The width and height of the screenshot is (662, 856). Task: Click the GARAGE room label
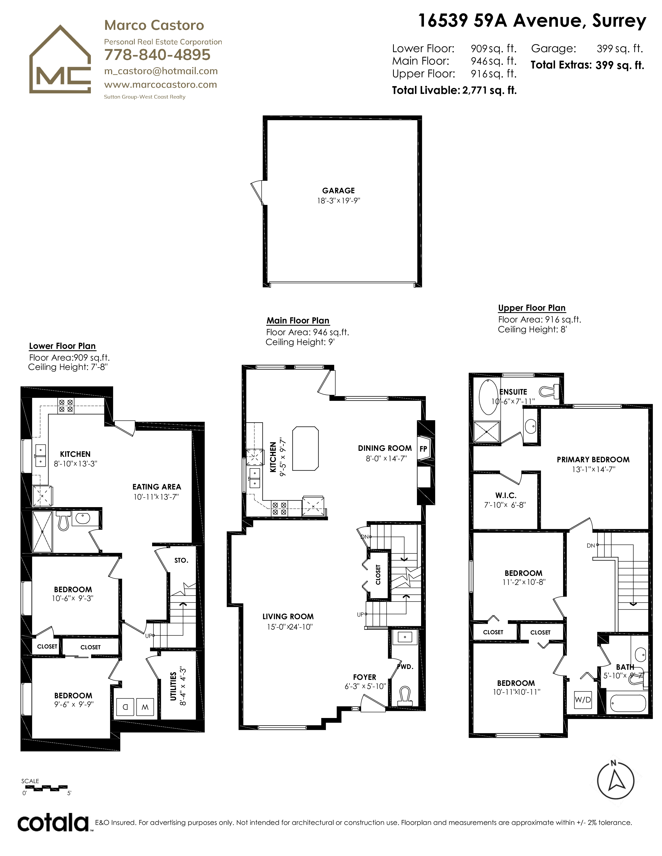click(x=339, y=190)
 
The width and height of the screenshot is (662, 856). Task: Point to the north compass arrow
click(x=616, y=780)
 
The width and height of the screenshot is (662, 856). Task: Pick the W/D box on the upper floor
click(x=583, y=700)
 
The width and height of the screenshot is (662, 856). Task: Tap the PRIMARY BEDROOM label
click(x=593, y=459)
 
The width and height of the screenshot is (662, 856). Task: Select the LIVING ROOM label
click(x=288, y=617)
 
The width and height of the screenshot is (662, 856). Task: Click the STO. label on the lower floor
click(x=181, y=561)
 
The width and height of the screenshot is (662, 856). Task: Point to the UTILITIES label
click(x=173, y=689)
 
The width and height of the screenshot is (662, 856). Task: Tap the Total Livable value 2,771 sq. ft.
click(x=489, y=91)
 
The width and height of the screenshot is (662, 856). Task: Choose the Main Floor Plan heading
click(x=298, y=321)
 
